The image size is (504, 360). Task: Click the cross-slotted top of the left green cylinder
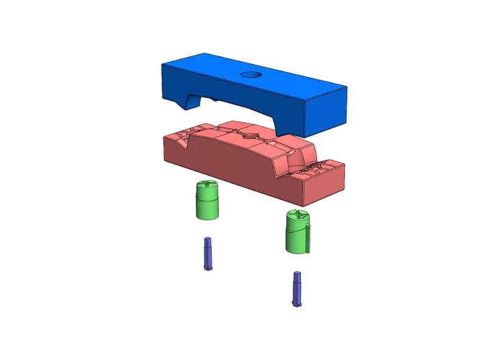207,186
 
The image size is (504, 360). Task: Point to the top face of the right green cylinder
296,215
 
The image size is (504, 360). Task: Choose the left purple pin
208,253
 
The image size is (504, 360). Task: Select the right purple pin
297,288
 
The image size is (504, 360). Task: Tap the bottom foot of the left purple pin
208,268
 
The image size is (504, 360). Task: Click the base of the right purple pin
297,303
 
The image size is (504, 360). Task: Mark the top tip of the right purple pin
297,274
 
